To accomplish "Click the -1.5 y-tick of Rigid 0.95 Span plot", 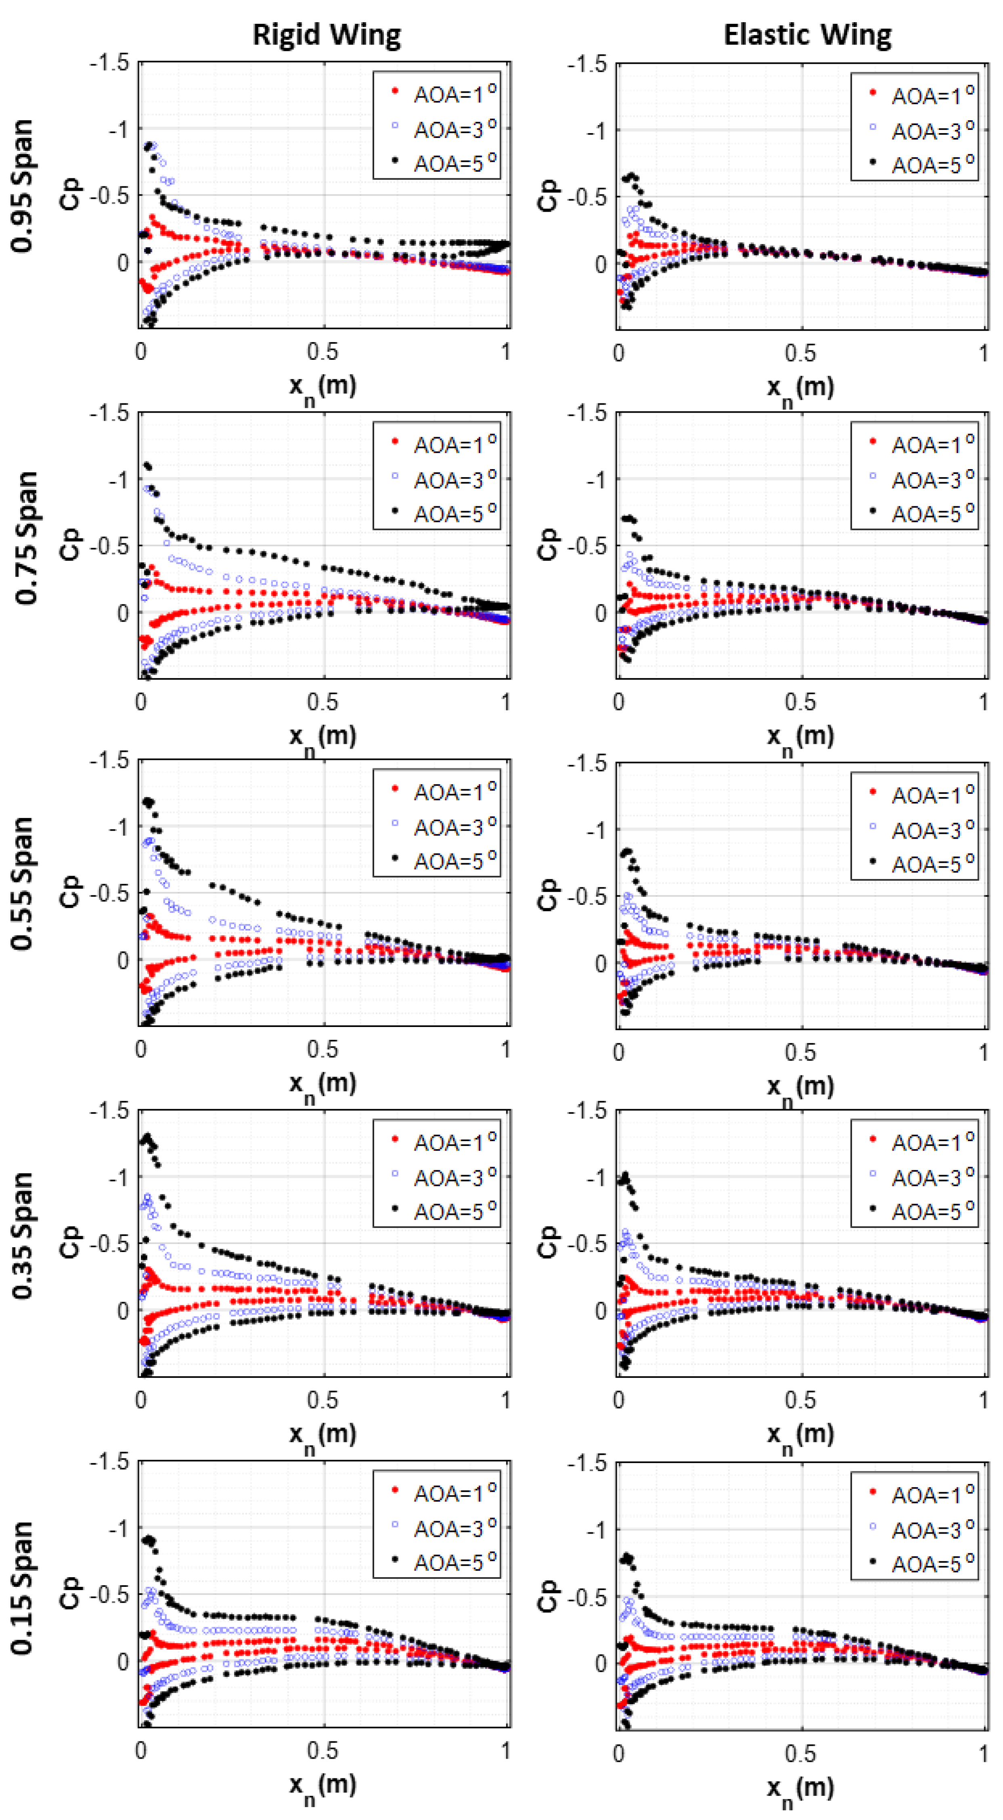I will click(x=109, y=63).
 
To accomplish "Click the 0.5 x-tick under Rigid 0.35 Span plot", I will click(x=323, y=1400).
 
